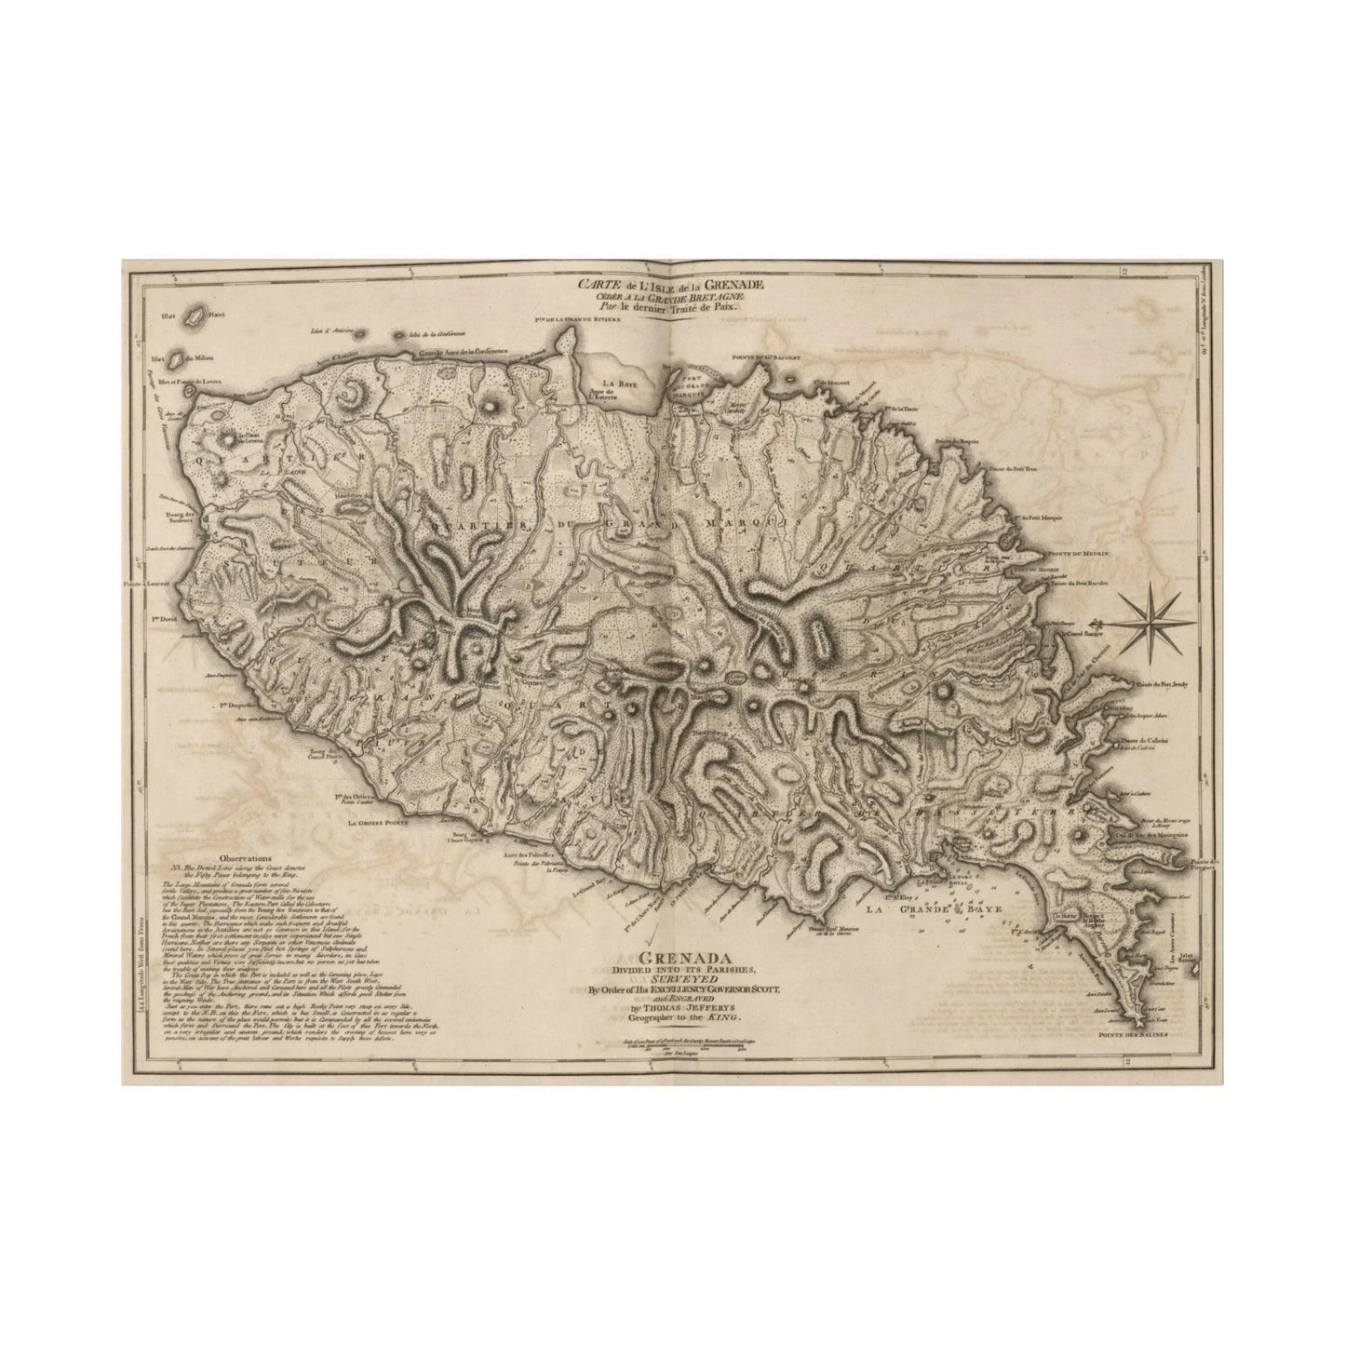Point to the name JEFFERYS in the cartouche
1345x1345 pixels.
[x=693, y=1008]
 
